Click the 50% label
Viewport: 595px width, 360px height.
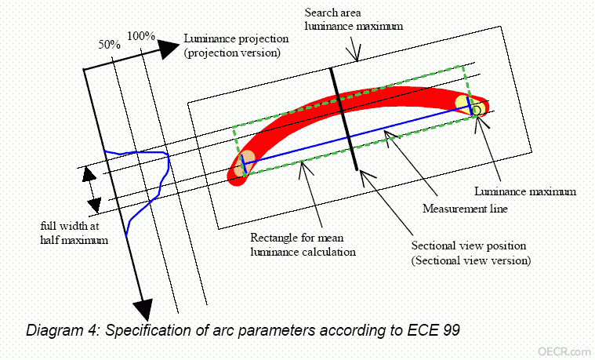[x=109, y=45]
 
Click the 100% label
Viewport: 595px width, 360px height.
[x=141, y=36]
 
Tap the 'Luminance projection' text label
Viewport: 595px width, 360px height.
[x=236, y=38]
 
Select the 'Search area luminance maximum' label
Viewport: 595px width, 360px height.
[x=354, y=20]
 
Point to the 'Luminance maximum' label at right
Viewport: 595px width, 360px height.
[x=525, y=191]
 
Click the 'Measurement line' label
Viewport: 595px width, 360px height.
[x=465, y=209]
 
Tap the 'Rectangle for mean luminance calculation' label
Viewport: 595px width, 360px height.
[x=303, y=245]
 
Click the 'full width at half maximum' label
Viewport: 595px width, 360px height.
[x=74, y=233]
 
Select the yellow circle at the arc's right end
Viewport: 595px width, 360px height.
[x=464, y=103]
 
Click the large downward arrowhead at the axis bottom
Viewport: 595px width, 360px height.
[x=143, y=309]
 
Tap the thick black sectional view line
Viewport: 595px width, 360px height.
[x=344, y=119]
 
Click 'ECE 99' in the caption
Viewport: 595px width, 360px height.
[x=434, y=330]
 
